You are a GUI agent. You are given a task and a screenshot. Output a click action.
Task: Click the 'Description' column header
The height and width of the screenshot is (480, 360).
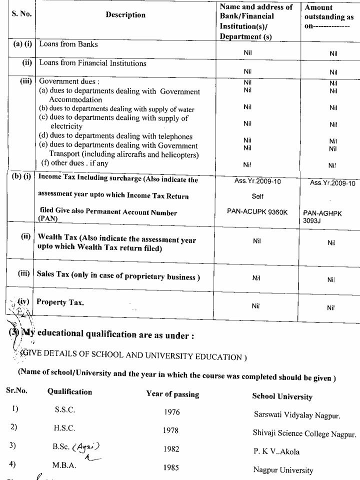tap(125, 15)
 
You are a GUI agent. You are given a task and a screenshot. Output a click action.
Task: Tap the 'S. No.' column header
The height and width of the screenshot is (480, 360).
tap(21, 14)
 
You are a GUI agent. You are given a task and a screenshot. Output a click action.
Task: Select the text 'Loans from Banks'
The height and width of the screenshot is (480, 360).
tap(68, 44)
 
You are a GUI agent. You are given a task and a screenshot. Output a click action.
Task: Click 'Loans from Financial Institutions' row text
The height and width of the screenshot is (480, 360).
tap(93, 63)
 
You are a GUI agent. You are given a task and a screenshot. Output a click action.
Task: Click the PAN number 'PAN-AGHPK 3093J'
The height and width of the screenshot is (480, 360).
tap(322, 216)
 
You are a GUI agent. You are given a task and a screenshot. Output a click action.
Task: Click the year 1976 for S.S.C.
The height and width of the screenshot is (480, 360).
tap(171, 412)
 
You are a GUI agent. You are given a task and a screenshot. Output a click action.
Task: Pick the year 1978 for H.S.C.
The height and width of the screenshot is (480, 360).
tap(171, 430)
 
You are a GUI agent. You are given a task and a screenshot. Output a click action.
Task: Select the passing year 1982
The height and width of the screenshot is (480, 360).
tap(171, 449)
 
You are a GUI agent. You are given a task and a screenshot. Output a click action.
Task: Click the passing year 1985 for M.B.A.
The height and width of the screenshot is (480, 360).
tap(171, 468)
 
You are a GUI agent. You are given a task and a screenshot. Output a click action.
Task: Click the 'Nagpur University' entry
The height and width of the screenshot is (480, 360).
tap(283, 470)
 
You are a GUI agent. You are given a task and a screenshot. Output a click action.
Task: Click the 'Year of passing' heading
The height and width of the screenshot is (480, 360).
tap(172, 394)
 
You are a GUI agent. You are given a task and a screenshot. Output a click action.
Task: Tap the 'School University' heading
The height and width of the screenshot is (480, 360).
tap(282, 396)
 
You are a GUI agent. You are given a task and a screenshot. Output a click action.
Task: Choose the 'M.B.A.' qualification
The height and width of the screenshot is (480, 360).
tap(64, 465)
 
